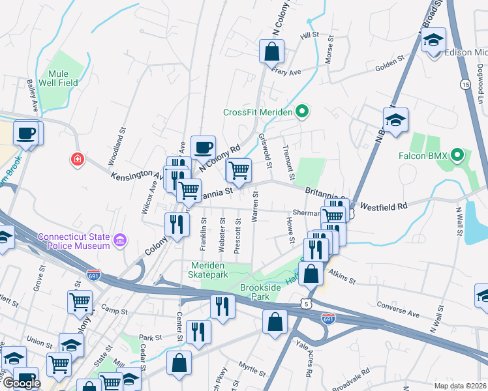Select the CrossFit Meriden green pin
(x=301, y=112)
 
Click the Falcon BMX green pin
(x=457, y=156)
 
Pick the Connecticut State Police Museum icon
(x=119, y=241)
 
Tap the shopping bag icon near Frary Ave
(x=271, y=51)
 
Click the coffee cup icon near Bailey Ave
(x=26, y=132)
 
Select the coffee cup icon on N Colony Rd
(x=202, y=147)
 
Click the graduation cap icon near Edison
(x=433, y=40)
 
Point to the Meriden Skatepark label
(x=219, y=270)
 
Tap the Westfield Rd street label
(x=384, y=205)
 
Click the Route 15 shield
(x=465, y=85)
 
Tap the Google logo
(x=21, y=383)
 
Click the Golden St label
(x=391, y=67)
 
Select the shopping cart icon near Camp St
(x=80, y=302)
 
